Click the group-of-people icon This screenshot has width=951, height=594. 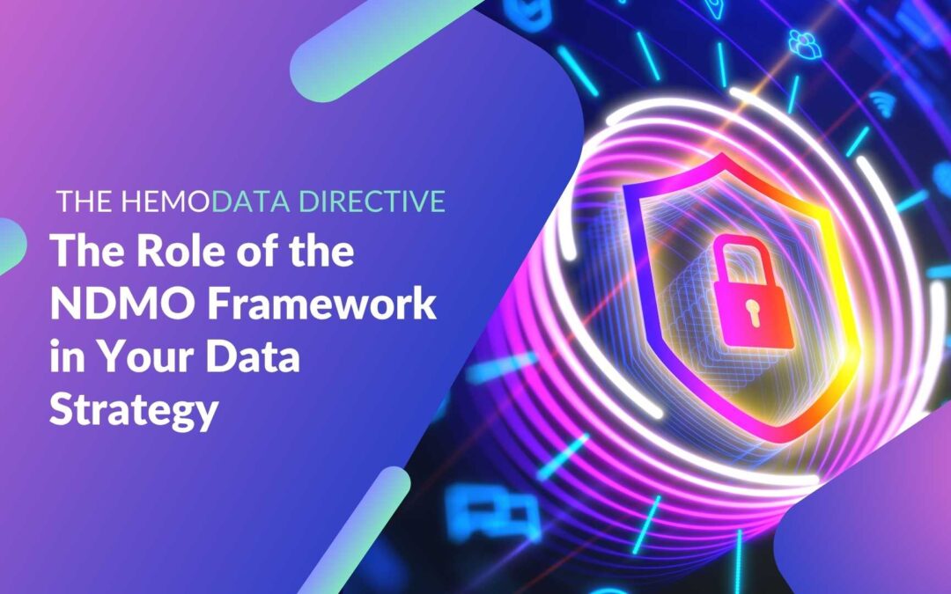tap(803, 42)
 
